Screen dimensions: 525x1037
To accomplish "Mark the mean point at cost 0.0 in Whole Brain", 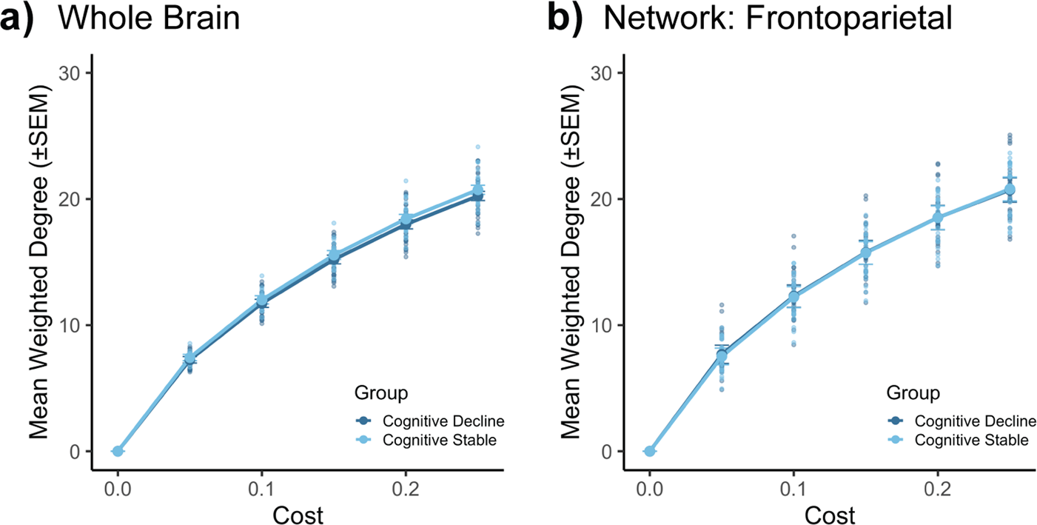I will coord(118,451).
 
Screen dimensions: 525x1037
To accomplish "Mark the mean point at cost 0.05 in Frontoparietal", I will coord(722,357).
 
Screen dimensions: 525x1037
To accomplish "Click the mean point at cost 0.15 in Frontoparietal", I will coord(865,253).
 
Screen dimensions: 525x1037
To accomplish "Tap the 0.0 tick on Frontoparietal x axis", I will coord(650,491).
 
